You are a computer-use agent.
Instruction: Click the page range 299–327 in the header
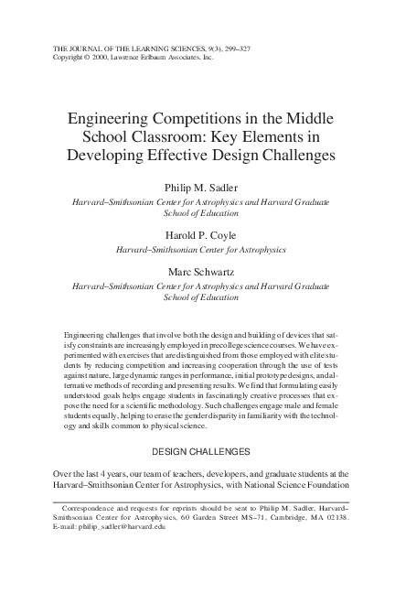pos(225,46)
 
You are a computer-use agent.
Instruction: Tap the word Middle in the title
pos(309,119)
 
